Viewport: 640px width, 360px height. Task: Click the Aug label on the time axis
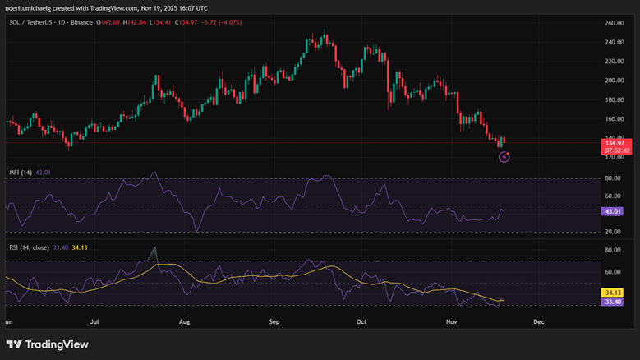coord(184,324)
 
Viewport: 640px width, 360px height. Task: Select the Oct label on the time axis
coord(361,324)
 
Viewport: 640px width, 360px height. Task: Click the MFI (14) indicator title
coord(21,173)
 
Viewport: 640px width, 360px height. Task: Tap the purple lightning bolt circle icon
coord(504,157)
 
